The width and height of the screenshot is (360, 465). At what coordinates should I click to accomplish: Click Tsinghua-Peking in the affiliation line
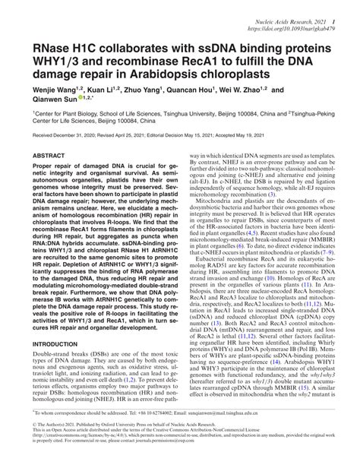click(318, 111)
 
